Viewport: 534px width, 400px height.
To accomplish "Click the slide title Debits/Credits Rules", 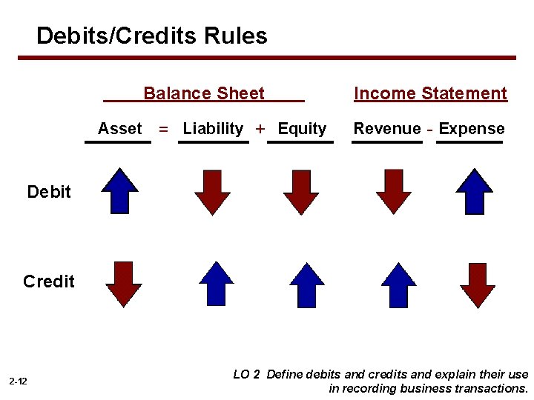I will tap(152, 36).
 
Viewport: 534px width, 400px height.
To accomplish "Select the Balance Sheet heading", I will tap(204, 93).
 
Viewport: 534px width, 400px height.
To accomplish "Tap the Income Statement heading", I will tap(430, 93).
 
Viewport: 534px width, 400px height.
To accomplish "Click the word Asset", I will tap(119, 129).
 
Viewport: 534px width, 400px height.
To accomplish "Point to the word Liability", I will tap(213, 129).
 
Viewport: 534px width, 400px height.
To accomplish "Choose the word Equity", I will tap(302, 129).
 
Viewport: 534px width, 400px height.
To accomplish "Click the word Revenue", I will tap(386, 129).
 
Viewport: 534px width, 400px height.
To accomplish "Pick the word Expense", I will tap(472, 129).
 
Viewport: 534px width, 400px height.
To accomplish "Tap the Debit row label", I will tap(49, 192).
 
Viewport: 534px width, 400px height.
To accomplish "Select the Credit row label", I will tap(49, 281).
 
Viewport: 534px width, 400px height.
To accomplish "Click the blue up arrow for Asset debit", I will tap(120, 191).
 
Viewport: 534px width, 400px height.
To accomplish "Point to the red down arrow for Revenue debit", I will tap(393, 192).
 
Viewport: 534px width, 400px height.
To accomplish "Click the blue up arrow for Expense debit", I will tap(474, 191).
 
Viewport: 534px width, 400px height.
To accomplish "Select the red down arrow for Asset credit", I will tap(123, 284).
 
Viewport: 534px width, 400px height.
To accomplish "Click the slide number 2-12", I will tap(19, 381).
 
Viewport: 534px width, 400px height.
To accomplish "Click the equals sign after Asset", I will tap(163, 130).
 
